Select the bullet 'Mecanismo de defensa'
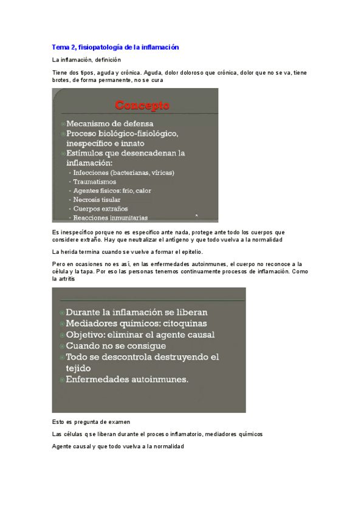[109, 123]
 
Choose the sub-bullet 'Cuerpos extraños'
[98, 208]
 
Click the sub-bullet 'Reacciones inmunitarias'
[110, 217]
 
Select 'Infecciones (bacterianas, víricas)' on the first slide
[123, 172]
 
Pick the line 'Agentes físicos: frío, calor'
[112, 190]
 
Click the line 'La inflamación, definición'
[87, 60]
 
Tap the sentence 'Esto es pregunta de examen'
[92, 421]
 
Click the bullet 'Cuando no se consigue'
[119, 346]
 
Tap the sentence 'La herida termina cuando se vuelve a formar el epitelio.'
[128, 251]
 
